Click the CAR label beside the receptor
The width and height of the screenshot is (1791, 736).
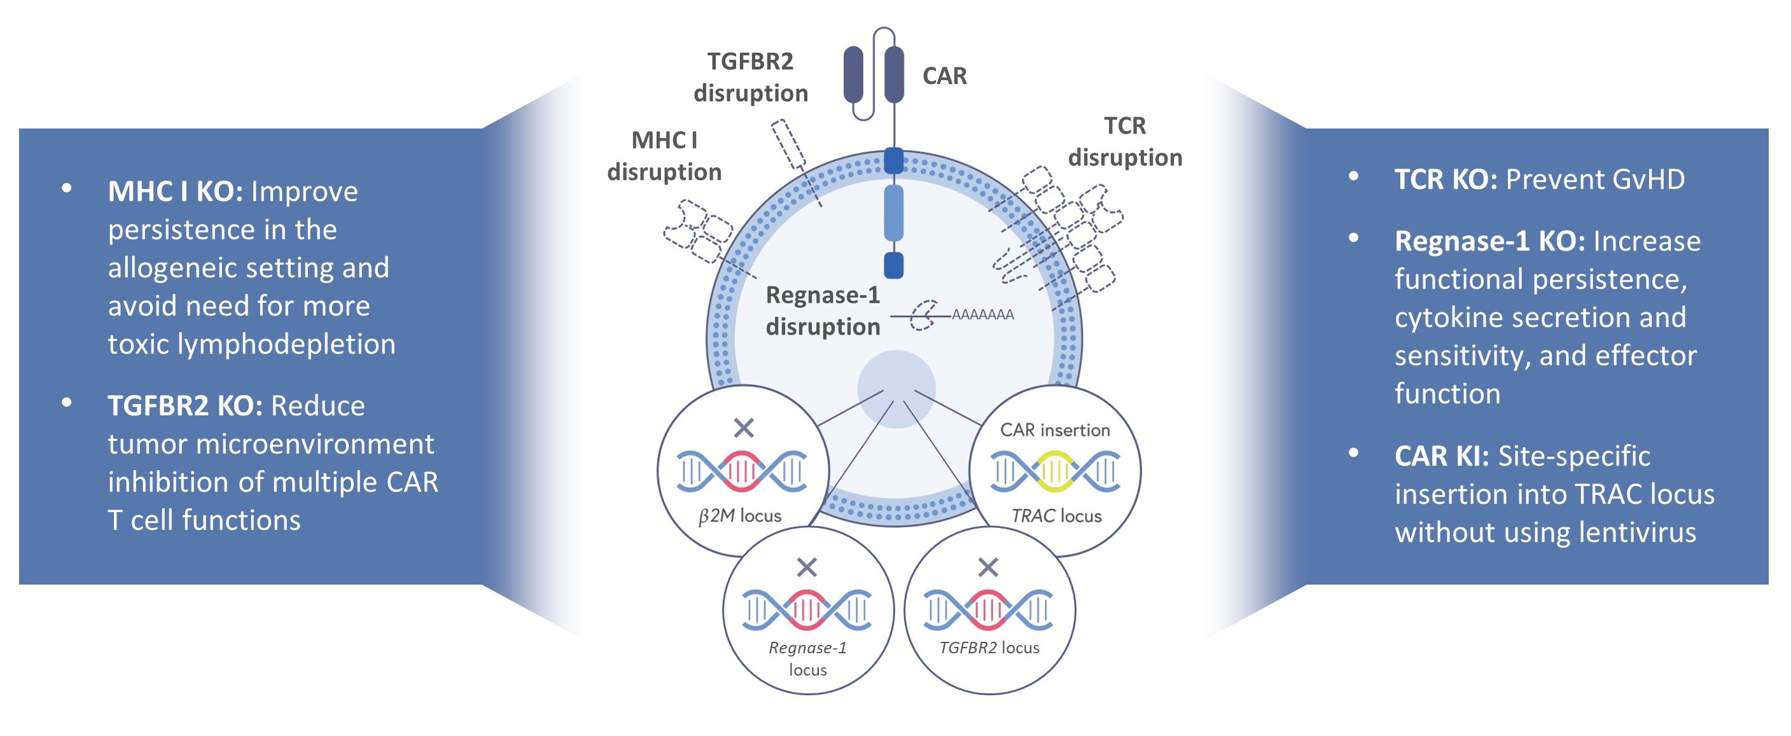coord(944,76)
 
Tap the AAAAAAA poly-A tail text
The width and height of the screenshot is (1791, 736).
coord(982,315)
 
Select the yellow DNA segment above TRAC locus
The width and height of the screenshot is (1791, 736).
coord(1056,471)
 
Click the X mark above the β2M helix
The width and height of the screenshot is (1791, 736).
coord(743,427)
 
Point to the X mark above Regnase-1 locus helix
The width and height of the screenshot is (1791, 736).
coord(807,567)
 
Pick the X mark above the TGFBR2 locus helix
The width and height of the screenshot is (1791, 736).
coord(988,567)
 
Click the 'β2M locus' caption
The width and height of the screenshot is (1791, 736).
coord(739,516)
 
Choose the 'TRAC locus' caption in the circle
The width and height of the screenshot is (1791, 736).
coord(1056,516)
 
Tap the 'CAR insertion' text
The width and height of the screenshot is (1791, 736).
coord(1055,430)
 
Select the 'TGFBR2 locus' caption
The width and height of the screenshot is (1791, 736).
coord(989,648)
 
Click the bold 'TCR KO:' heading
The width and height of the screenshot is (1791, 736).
coord(1445,180)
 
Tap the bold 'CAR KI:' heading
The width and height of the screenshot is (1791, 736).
coord(1441,457)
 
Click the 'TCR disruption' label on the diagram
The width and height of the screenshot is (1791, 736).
coord(1124,142)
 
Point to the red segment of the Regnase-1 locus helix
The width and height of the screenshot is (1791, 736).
coord(807,610)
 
